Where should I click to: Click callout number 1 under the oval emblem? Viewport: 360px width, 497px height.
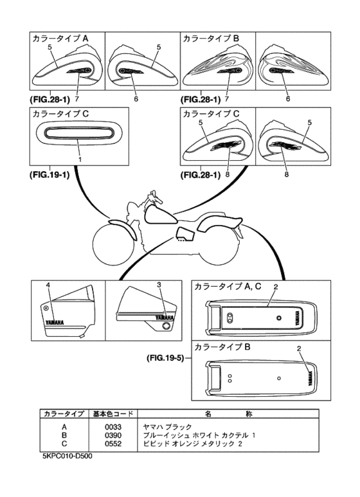[x=79, y=158]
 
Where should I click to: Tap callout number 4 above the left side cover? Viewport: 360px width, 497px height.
[x=48, y=284]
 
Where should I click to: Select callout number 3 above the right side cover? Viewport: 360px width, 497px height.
[x=159, y=284]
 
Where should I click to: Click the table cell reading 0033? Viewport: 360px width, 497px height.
[x=113, y=426]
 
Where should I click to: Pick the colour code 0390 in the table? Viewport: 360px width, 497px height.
[x=113, y=435]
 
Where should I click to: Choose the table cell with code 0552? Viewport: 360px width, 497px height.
[x=113, y=444]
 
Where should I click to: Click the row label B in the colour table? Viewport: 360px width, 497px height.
[x=63, y=435]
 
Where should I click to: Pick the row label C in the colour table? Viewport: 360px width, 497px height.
[x=63, y=444]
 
